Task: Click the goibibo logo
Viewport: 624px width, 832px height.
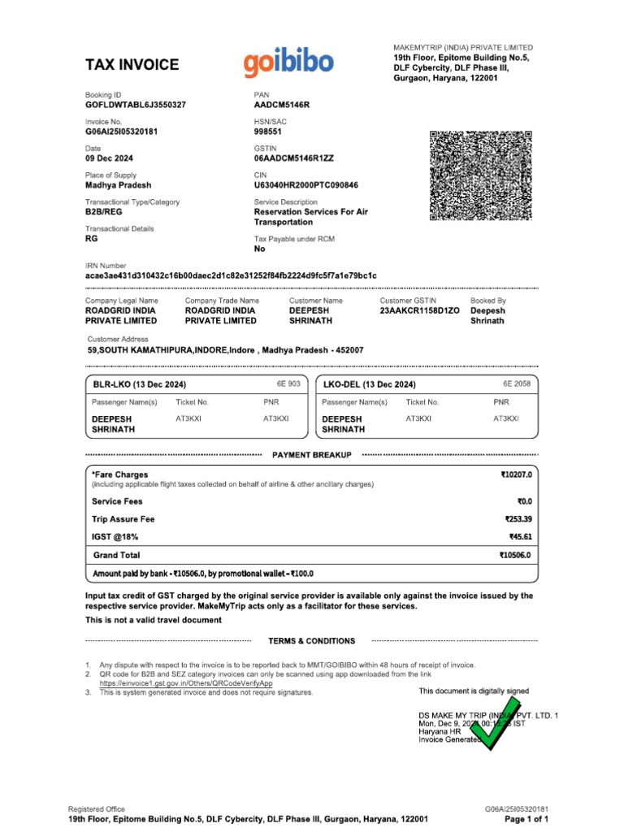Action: coord(287,63)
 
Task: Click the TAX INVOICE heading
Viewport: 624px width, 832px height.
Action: coord(132,65)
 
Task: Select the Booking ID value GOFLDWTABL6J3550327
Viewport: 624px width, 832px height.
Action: coord(136,106)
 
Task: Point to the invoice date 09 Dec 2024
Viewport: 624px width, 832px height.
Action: coord(110,158)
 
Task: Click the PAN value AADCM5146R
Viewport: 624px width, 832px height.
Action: coord(282,106)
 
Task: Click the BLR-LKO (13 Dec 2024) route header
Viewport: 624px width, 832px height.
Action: coord(143,384)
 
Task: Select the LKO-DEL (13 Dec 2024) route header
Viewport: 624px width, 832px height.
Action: coord(370,384)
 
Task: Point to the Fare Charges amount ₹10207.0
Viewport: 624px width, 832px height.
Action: coord(515,474)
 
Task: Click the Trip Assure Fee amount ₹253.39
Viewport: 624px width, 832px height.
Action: coord(518,519)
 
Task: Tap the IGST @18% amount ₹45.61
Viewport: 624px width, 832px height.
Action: coord(520,536)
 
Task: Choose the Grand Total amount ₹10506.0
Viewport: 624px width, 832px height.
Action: coord(515,556)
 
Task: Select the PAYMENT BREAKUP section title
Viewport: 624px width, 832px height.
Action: coord(312,456)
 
